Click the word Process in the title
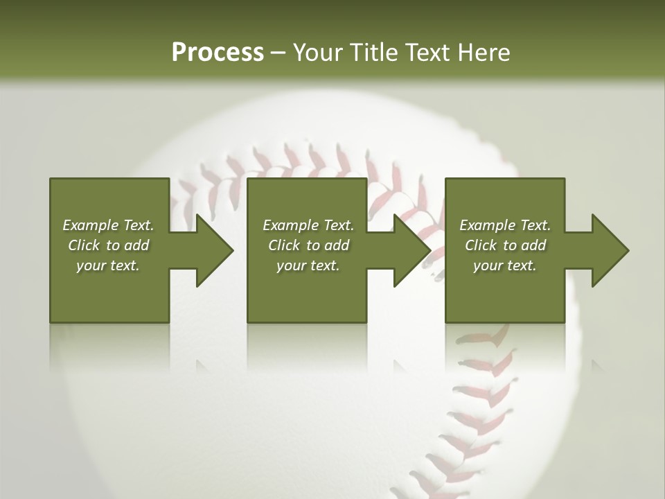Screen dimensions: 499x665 (218, 53)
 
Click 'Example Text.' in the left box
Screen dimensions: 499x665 (108, 225)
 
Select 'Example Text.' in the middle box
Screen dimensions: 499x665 (308, 225)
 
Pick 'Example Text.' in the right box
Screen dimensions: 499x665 (505, 225)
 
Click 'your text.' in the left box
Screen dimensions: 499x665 (108, 265)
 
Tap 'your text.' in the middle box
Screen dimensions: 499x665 (308, 265)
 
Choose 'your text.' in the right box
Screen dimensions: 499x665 (505, 265)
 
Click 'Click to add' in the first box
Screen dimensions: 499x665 (108, 245)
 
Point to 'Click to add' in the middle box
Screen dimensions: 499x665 (308, 245)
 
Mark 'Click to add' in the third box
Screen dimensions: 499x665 (505, 245)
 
